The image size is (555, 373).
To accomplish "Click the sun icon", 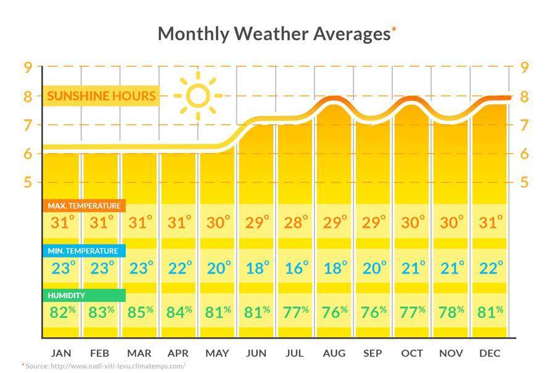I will coord(197,96).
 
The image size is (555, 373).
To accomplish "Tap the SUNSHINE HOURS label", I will coord(101,96).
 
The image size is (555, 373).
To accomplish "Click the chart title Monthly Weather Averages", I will coord(274,33).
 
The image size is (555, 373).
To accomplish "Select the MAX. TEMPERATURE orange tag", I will coord(84,205).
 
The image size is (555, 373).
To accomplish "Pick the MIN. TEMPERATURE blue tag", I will coord(83,251).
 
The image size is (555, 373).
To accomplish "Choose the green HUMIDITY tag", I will coord(83,295).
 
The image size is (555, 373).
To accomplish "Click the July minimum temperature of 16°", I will coord(296,268).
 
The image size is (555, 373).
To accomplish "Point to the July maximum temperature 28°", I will coord(296,222).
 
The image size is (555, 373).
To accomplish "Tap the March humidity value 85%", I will coord(140,312).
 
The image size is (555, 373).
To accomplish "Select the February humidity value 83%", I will coord(101,312).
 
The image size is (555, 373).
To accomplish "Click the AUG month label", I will coord(334,353).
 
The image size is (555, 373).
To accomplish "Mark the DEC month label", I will coord(490,353).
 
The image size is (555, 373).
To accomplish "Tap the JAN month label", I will coord(61,353).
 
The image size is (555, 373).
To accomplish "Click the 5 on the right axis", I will coord(525,182).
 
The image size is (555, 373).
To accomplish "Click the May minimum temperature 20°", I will coord(218,268).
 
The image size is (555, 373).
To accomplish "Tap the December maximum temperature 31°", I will coord(491,222).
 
